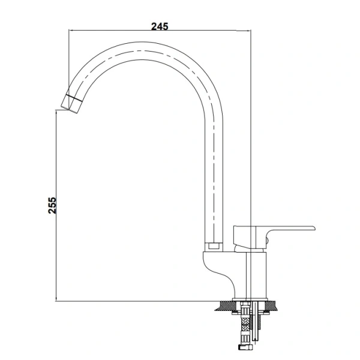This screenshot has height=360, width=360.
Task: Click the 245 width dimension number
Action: click(160, 26)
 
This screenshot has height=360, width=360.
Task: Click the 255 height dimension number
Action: click(52, 205)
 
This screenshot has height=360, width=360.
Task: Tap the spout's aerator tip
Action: click(68, 104)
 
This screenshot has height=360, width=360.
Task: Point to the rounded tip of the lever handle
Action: click(314, 228)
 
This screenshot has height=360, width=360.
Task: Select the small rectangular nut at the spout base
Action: click(214, 247)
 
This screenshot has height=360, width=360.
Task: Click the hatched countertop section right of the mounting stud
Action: click(272, 305)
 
